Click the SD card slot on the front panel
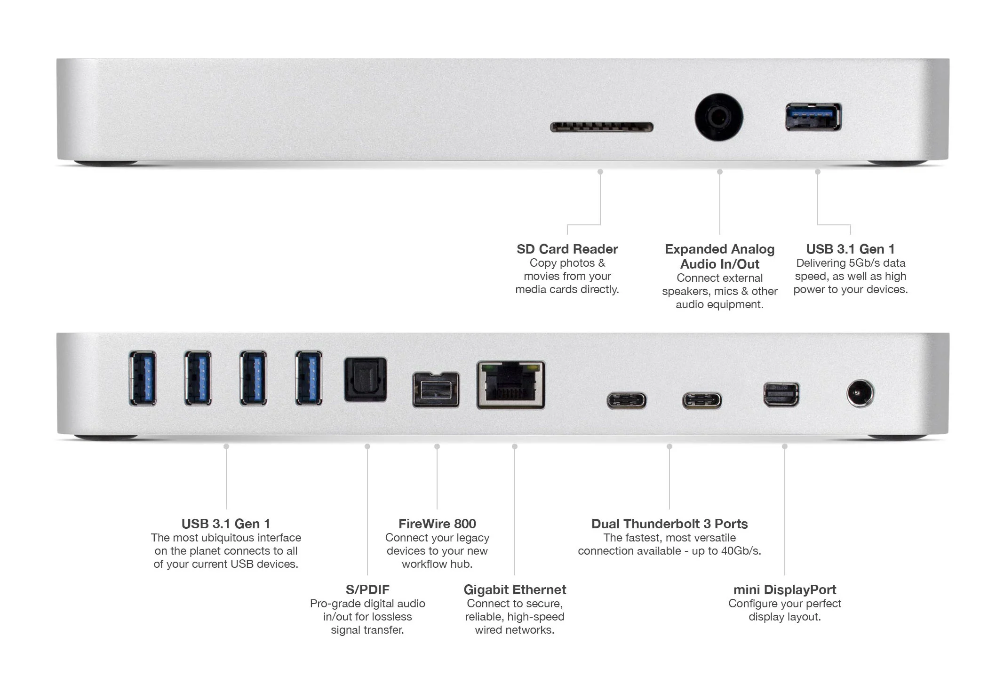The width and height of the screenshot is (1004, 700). click(602, 127)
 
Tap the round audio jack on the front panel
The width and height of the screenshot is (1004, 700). click(719, 117)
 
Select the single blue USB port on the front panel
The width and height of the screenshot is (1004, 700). click(813, 117)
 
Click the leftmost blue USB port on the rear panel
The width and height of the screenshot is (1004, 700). click(143, 378)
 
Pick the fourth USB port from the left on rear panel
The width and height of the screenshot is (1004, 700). click(309, 378)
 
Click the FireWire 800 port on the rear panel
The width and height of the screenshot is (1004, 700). click(436, 390)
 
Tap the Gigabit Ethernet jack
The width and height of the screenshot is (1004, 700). click(511, 385)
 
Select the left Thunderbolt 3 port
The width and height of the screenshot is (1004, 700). click(626, 401)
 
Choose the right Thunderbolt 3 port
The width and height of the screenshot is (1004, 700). click(702, 401)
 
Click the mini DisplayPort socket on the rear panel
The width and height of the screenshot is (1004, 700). click(781, 394)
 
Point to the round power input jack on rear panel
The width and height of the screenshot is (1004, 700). click(860, 393)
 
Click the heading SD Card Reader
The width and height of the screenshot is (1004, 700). click(567, 249)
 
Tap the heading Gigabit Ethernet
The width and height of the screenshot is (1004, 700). click(515, 589)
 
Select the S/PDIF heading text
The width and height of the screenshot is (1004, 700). click(367, 589)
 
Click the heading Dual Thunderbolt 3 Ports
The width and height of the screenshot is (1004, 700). click(669, 524)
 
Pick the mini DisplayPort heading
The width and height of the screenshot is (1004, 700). click(785, 589)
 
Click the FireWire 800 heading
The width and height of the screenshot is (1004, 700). click(437, 524)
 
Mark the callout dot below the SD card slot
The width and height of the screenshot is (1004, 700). click(600, 172)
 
